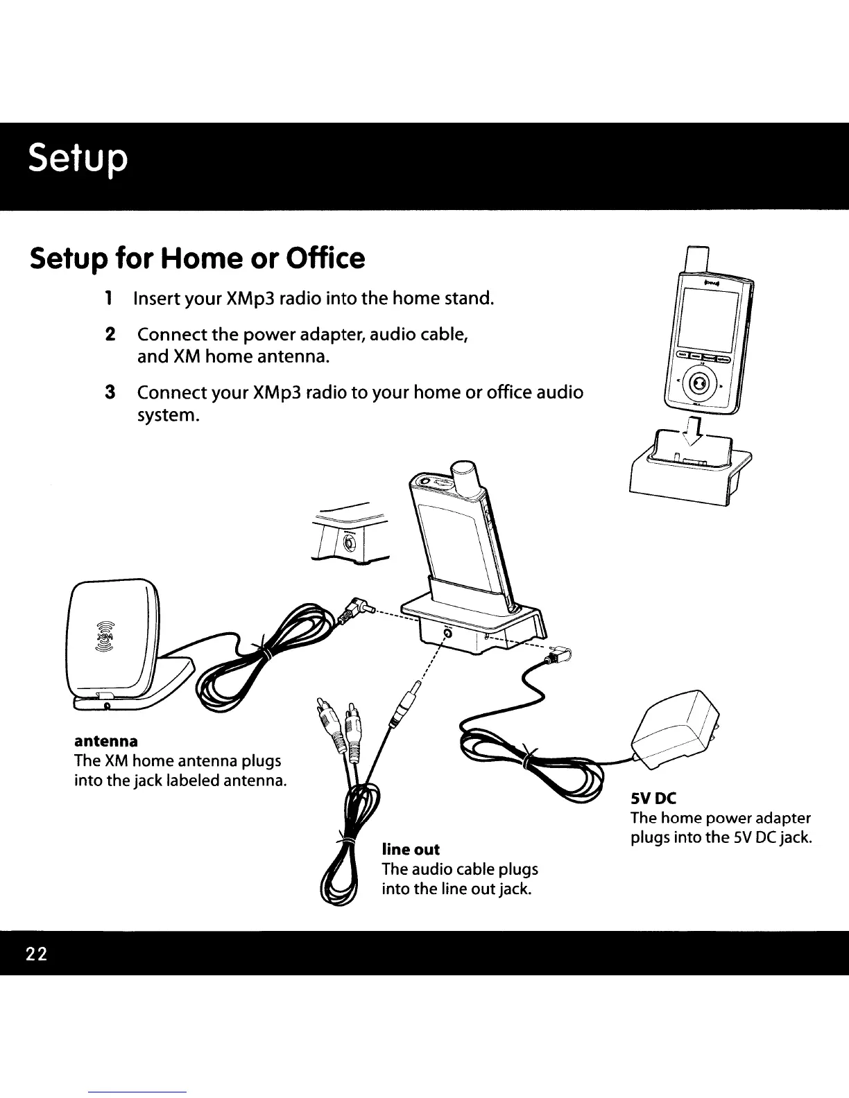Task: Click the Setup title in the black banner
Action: click(x=78, y=160)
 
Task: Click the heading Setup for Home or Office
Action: click(x=196, y=258)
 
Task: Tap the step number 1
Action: click(x=108, y=299)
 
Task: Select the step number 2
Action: click(x=108, y=334)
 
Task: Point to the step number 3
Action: click(x=108, y=392)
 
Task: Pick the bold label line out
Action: click(x=411, y=849)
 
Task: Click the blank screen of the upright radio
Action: click(x=703, y=320)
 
